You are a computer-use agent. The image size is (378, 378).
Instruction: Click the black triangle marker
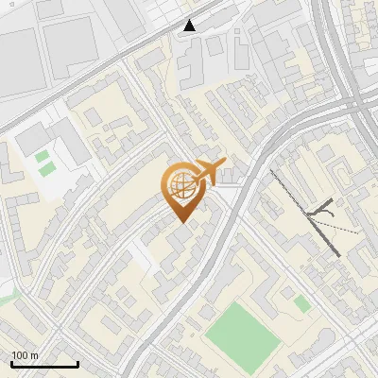click(190, 26)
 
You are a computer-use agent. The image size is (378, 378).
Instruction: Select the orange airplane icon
click(208, 173)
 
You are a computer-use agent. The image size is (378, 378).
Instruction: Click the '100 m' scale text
click(26, 355)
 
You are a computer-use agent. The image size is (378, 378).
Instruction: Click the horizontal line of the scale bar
click(44, 364)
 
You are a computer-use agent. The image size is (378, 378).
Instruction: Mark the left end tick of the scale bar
click(11, 362)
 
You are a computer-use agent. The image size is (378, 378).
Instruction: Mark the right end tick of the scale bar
click(77, 362)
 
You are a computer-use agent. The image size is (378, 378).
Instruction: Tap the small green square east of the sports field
click(301, 303)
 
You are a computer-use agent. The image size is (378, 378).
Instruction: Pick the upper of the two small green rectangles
click(42, 156)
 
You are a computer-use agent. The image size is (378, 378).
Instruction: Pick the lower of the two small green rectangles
click(46, 170)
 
